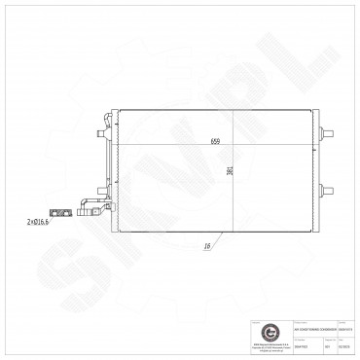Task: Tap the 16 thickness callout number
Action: [208, 247]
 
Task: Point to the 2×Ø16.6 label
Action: [40, 221]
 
